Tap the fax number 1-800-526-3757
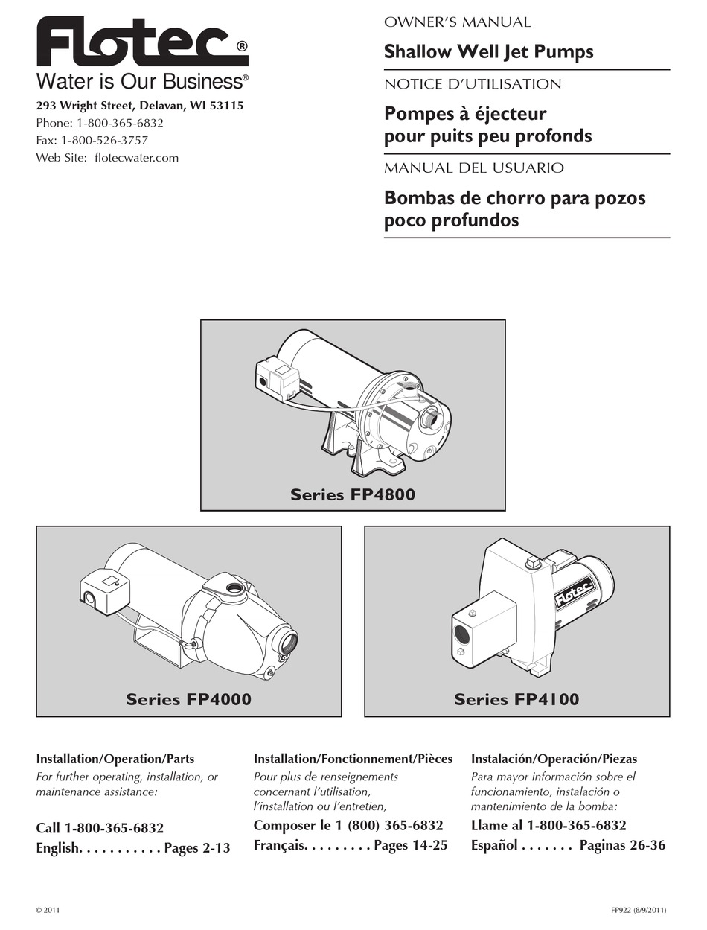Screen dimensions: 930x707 [104, 140]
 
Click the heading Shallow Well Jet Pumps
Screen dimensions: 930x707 [488, 52]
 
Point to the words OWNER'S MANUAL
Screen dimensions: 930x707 [457, 22]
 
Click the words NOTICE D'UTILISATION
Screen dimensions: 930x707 [472, 84]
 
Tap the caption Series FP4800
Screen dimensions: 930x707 [353, 494]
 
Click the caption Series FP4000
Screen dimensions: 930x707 [188, 699]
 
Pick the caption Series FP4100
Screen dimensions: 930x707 [516, 699]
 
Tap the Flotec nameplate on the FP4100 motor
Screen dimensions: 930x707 [573, 589]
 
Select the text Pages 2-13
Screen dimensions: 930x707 [197, 848]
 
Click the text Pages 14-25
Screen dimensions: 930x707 [410, 845]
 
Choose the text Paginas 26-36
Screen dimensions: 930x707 [622, 845]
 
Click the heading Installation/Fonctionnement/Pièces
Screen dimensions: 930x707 [353, 759]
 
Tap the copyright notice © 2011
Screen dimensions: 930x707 [48, 910]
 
